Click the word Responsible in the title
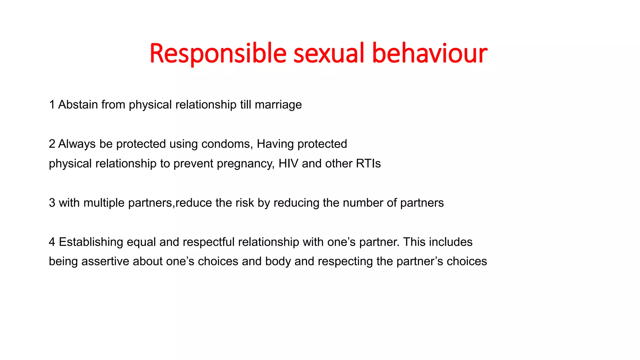[x=218, y=54]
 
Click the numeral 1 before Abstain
[x=52, y=105]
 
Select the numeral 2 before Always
[x=52, y=144]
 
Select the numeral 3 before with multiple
[x=52, y=203]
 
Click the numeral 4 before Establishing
[x=52, y=242]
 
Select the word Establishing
[x=91, y=242]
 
